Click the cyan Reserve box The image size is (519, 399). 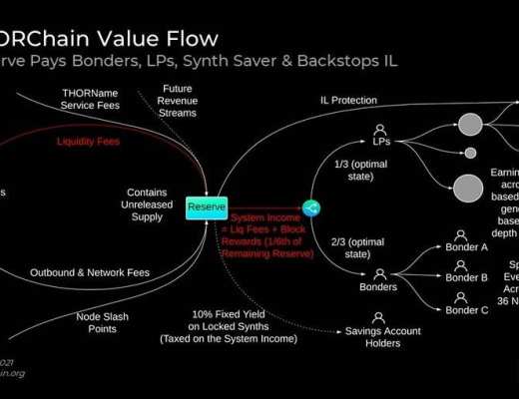pyautogui.click(x=208, y=207)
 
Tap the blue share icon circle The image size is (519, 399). pyautogui.click(x=310, y=207)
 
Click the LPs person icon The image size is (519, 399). pyautogui.click(x=380, y=131)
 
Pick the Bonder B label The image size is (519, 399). pyautogui.click(x=467, y=278)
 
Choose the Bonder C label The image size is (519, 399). pyautogui.click(x=467, y=309)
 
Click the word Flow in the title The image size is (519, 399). pyautogui.click(x=186, y=40)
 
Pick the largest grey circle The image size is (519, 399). pyautogui.click(x=468, y=187)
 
